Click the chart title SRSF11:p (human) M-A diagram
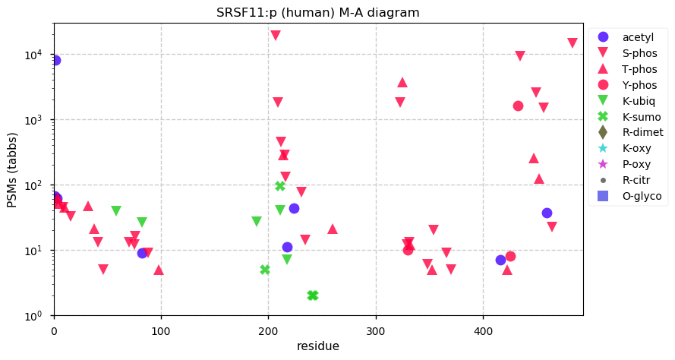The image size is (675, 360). [x=317, y=12]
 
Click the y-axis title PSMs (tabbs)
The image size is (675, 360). [x=12, y=170]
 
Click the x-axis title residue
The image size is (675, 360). [x=317, y=346]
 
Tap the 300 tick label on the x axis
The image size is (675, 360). [x=376, y=332]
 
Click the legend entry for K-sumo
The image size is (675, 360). [x=628, y=116]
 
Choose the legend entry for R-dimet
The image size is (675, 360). [x=629, y=132]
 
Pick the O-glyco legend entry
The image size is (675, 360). [x=629, y=196]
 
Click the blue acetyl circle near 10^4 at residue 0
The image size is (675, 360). [x=55, y=60]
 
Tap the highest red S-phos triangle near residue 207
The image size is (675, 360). [x=276, y=35]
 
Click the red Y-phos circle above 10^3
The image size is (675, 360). [x=518, y=106]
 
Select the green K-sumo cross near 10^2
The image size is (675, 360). [x=280, y=186]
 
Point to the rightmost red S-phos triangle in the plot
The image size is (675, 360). [x=572, y=43]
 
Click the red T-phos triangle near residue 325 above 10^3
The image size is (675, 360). [x=402, y=82]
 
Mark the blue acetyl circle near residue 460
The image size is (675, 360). [x=547, y=213]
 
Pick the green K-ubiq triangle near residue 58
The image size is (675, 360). [x=116, y=210]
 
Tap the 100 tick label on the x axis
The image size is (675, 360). [x=161, y=332]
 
